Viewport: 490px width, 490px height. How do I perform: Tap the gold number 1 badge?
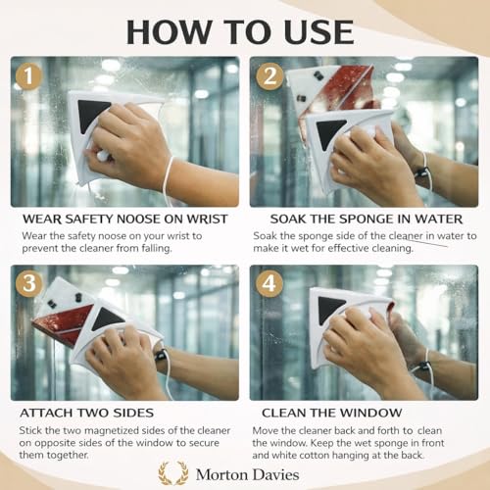pyautogui.click(x=28, y=76)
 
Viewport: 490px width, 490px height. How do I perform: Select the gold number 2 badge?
pyautogui.click(x=269, y=76)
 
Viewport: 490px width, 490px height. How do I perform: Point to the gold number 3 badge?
pyautogui.click(x=29, y=283)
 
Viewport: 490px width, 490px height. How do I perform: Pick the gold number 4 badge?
pyautogui.click(x=269, y=283)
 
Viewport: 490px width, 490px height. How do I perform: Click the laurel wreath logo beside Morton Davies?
pyautogui.click(x=173, y=472)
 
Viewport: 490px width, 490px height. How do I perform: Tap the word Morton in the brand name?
pyautogui.click(x=220, y=474)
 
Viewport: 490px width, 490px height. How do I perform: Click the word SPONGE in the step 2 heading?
pyautogui.click(x=367, y=219)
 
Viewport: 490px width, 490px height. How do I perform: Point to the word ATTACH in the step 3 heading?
pyautogui.click(x=43, y=413)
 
